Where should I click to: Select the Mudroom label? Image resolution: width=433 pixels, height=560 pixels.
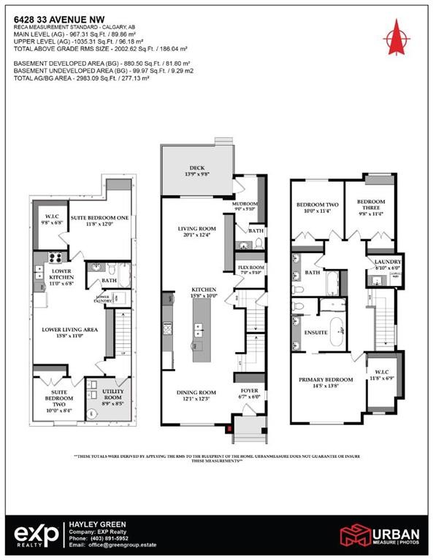coord(244,205)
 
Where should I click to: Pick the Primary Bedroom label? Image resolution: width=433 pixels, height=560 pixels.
coord(325,380)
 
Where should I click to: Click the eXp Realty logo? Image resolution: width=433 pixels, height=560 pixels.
coord(35,534)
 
